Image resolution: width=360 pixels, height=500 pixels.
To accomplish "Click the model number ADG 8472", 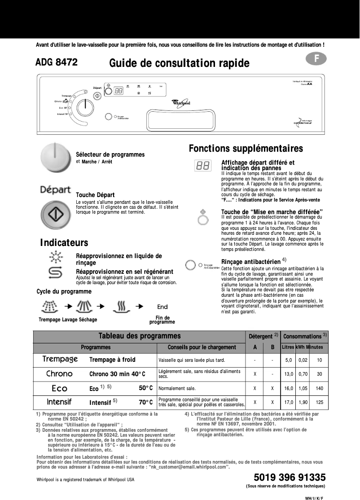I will [x=57, y=63].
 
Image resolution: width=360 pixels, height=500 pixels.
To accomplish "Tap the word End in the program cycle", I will [x=162, y=307].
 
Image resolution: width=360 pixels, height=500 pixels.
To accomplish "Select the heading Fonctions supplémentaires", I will [x=246, y=149].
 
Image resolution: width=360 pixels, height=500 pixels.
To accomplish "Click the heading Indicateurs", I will [x=64, y=243].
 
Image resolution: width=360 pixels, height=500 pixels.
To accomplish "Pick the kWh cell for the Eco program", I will [x=303, y=388].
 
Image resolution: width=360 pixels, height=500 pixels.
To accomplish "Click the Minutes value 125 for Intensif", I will [x=320, y=402].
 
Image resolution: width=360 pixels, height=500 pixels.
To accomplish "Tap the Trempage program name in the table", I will [x=60, y=360].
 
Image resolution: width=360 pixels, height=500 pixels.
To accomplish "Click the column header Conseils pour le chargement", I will [x=202, y=347].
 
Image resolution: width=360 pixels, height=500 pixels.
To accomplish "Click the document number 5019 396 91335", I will [x=290, y=477].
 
